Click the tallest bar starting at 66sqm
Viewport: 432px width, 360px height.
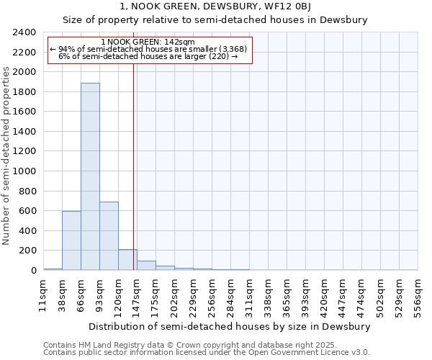click(90, 176)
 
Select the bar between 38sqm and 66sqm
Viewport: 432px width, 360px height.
click(71, 240)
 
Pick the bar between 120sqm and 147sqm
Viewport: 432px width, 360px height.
click(127, 260)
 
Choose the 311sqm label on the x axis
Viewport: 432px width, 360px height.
click(249, 297)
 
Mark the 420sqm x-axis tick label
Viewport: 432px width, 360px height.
click(324, 297)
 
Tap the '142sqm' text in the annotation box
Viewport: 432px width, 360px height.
click(179, 42)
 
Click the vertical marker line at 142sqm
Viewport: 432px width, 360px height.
click(134, 166)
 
